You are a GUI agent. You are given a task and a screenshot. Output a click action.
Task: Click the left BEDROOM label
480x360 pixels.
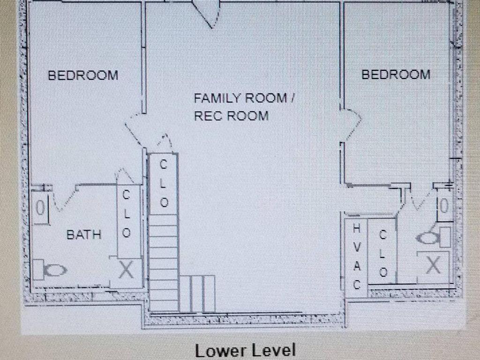click(83, 75)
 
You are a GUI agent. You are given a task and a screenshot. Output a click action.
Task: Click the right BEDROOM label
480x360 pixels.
click(396, 75)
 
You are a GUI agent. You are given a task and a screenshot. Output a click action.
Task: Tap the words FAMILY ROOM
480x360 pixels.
click(240, 98)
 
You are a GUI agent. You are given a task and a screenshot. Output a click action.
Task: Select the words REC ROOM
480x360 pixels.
click(232, 116)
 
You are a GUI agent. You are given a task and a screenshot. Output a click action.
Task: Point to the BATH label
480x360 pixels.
click(84, 235)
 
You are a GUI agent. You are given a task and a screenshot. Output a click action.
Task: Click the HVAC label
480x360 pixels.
click(357, 256)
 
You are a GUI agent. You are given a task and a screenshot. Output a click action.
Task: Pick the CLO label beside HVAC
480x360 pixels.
click(383, 254)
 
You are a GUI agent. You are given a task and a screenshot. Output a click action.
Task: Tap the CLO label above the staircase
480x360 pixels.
click(164, 184)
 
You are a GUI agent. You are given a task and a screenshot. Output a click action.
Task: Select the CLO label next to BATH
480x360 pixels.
click(127, 214)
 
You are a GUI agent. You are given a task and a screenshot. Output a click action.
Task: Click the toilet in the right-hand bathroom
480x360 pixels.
click(434, 238)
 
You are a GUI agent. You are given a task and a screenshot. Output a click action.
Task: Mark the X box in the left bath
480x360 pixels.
click(126, 270)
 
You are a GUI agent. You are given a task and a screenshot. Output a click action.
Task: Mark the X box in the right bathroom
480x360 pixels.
click(433, 264)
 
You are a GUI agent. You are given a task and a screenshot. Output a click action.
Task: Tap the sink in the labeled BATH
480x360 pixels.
click(41, 208)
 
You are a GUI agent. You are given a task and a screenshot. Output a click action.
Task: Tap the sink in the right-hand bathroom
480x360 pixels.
click(444, 205)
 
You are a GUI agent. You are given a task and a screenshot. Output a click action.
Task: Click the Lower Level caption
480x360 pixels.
click(245, 351)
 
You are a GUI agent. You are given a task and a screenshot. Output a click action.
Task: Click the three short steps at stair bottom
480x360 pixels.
click(197, 294)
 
